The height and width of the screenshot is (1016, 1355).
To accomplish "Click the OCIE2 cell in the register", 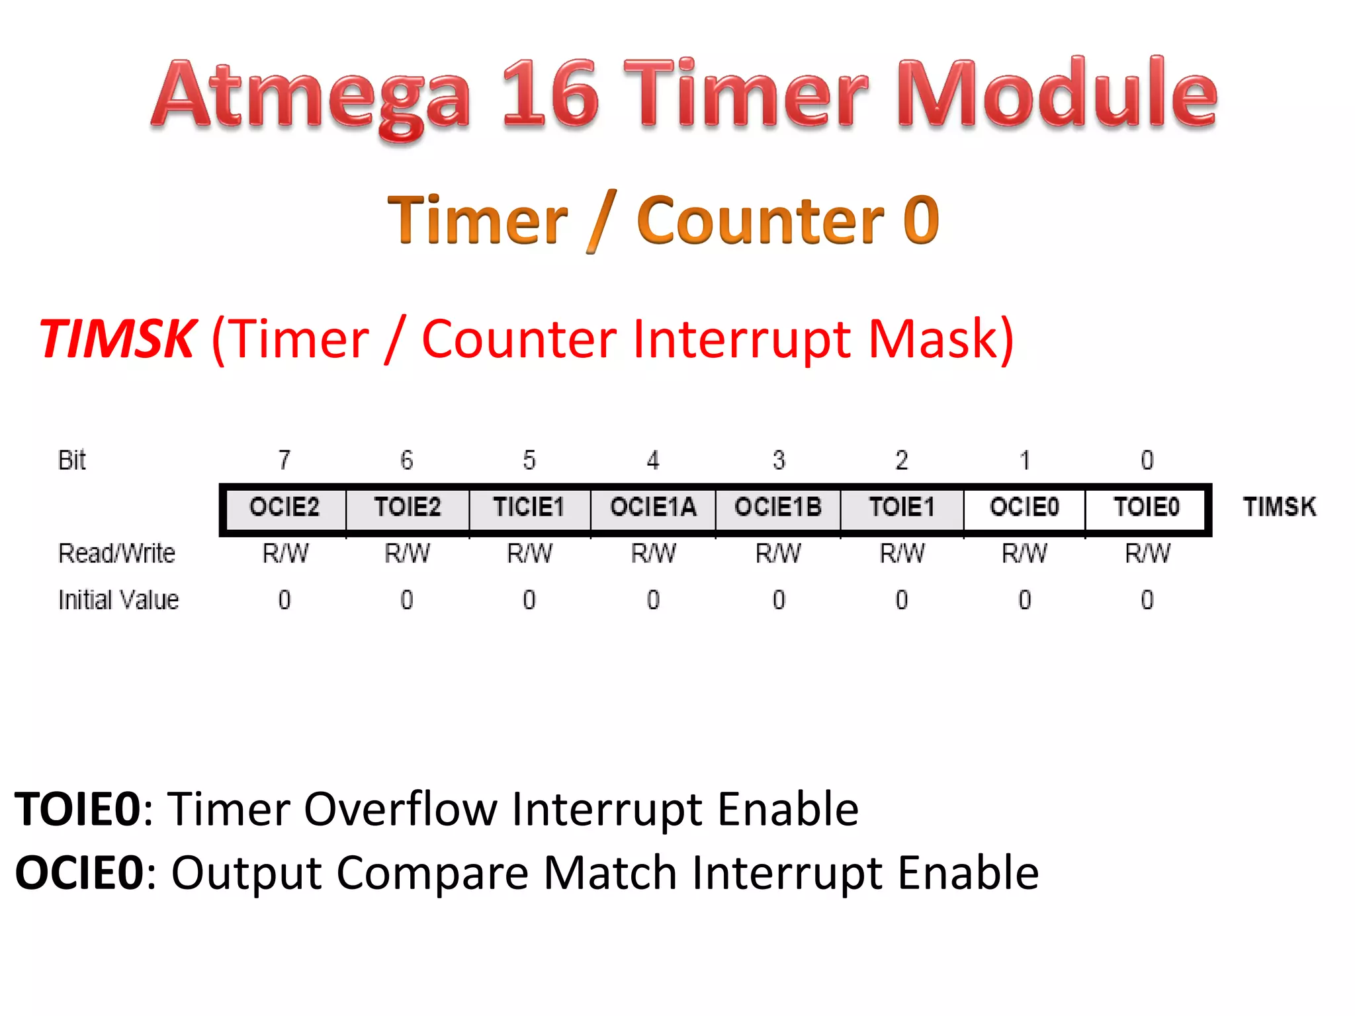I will coord(284,508).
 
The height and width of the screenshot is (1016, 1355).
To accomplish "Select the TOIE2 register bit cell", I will coord(407,508).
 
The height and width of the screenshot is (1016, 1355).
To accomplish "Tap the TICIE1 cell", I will coord(529,508).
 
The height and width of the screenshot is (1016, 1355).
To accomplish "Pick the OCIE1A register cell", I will coord(653,508).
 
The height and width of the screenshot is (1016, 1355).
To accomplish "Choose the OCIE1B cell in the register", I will coord(778,508).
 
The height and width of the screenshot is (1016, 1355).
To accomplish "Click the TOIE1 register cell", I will coord(902,508).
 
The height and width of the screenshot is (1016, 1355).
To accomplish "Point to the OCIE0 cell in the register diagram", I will coord(1024,508).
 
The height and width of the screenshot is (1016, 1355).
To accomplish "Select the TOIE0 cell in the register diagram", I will coord(1147,508).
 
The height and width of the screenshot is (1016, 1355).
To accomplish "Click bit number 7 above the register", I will coord(284,460).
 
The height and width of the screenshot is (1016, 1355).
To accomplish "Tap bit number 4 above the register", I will coord(653,460).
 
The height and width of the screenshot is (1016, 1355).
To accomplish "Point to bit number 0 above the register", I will coord(1147,460).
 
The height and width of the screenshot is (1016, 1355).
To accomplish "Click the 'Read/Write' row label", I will coord(117,554).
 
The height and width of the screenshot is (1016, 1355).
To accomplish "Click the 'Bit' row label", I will coord(72,460).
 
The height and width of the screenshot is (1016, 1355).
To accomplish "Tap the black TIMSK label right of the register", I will coord(1280,507).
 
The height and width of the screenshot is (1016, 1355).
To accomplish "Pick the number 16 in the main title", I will coord(550,94).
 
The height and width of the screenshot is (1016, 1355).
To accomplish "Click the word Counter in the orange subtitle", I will coord(760,221).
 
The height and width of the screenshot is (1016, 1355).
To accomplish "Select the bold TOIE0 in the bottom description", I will coord(78,809).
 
